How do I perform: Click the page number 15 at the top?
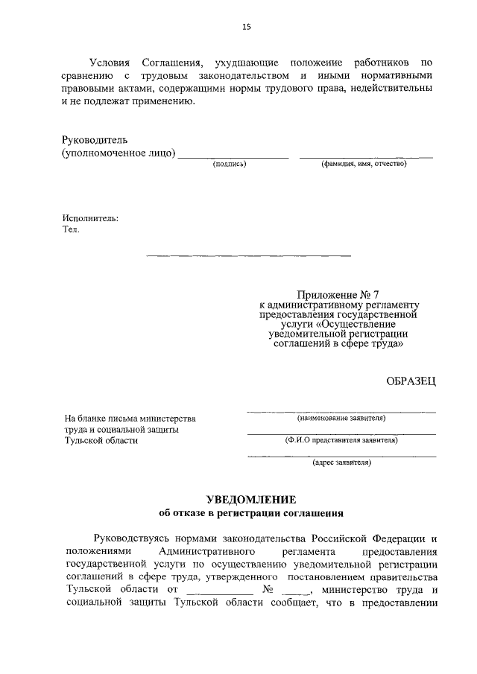(x=247, y=27)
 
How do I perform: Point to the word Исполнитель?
(x=90, y=218)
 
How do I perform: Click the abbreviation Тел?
(x=71, y=229)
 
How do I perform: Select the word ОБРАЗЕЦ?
(x=411, y=381)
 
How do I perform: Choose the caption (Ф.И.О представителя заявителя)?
(x=341, y=440)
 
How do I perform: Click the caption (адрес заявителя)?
(x=341, y=462)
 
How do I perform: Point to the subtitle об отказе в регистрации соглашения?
(x=251, y=512)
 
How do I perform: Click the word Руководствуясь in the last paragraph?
(x=133, y=538)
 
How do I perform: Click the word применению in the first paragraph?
(x=149, y=102)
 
